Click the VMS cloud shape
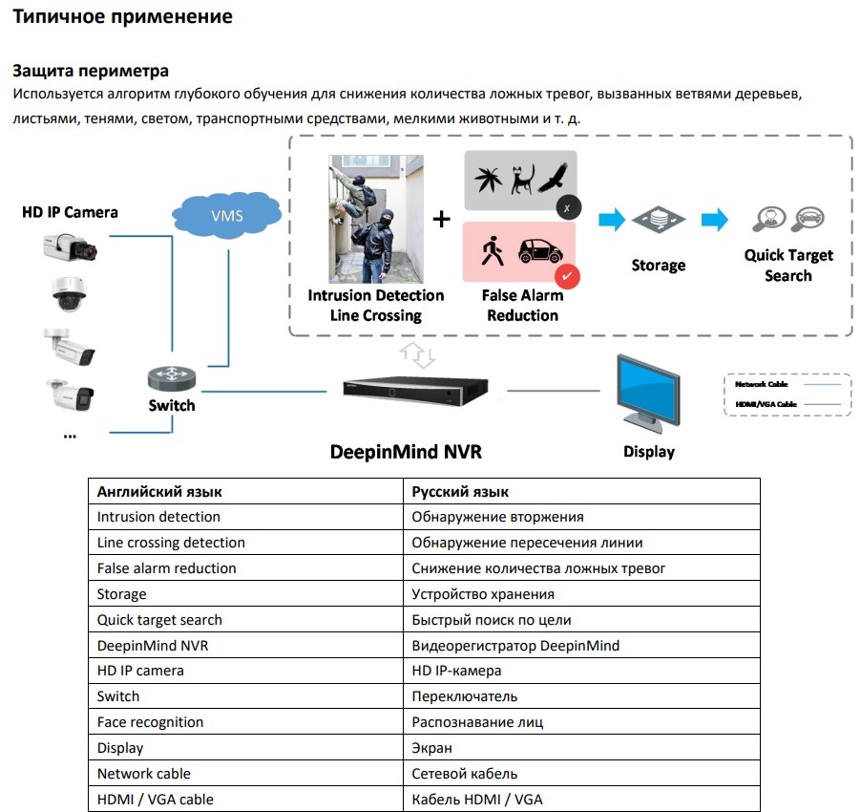[x=226, y=215]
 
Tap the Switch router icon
[x=172, y=378]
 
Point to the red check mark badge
[x=568, y=276]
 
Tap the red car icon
[x=539, y=252]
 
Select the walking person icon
[x=492, y=252]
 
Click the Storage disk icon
[x=658, y=220]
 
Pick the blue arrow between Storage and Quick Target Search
[x=714, y=220]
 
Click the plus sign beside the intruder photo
[x=441, y=219]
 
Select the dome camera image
[x=70, y=295]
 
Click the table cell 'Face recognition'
[x=150, y=722]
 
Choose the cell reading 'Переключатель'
[x=465, y=696]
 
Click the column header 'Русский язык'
[x=460, y=491]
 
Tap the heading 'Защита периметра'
[x=90, y=71]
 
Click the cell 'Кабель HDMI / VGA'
[x=476, y=799]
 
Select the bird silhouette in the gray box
[x=553, y=177]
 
